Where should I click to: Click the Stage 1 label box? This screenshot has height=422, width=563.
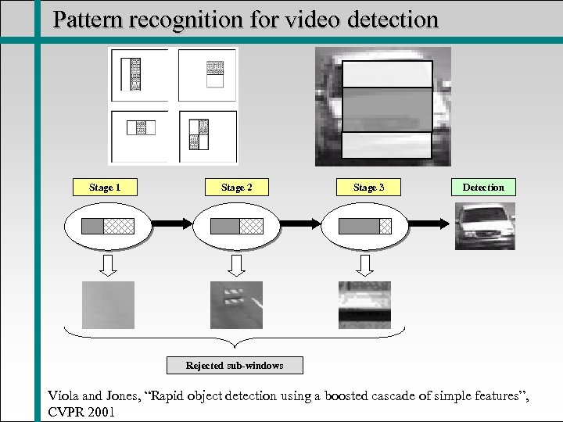tap(105, 188)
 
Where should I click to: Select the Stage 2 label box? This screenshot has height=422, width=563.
tap(236, 188)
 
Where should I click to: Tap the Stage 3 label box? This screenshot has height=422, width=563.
tap(368, 188)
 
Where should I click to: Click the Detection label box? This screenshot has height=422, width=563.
tap(483, 188)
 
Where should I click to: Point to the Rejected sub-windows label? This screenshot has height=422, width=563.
tap(234, 366)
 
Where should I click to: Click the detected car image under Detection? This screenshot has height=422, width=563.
tap(485, 226)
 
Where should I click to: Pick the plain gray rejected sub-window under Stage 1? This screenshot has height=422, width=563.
tap(108, 305)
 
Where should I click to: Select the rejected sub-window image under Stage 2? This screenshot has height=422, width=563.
tap(236, 305)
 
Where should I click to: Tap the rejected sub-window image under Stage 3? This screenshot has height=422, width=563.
tap(364, 305)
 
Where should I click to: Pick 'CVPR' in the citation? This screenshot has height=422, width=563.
tap(66, 411)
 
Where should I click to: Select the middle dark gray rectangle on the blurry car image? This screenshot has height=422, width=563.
tap(387, 109)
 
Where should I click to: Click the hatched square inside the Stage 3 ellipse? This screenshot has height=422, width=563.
tap(385, 226)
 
